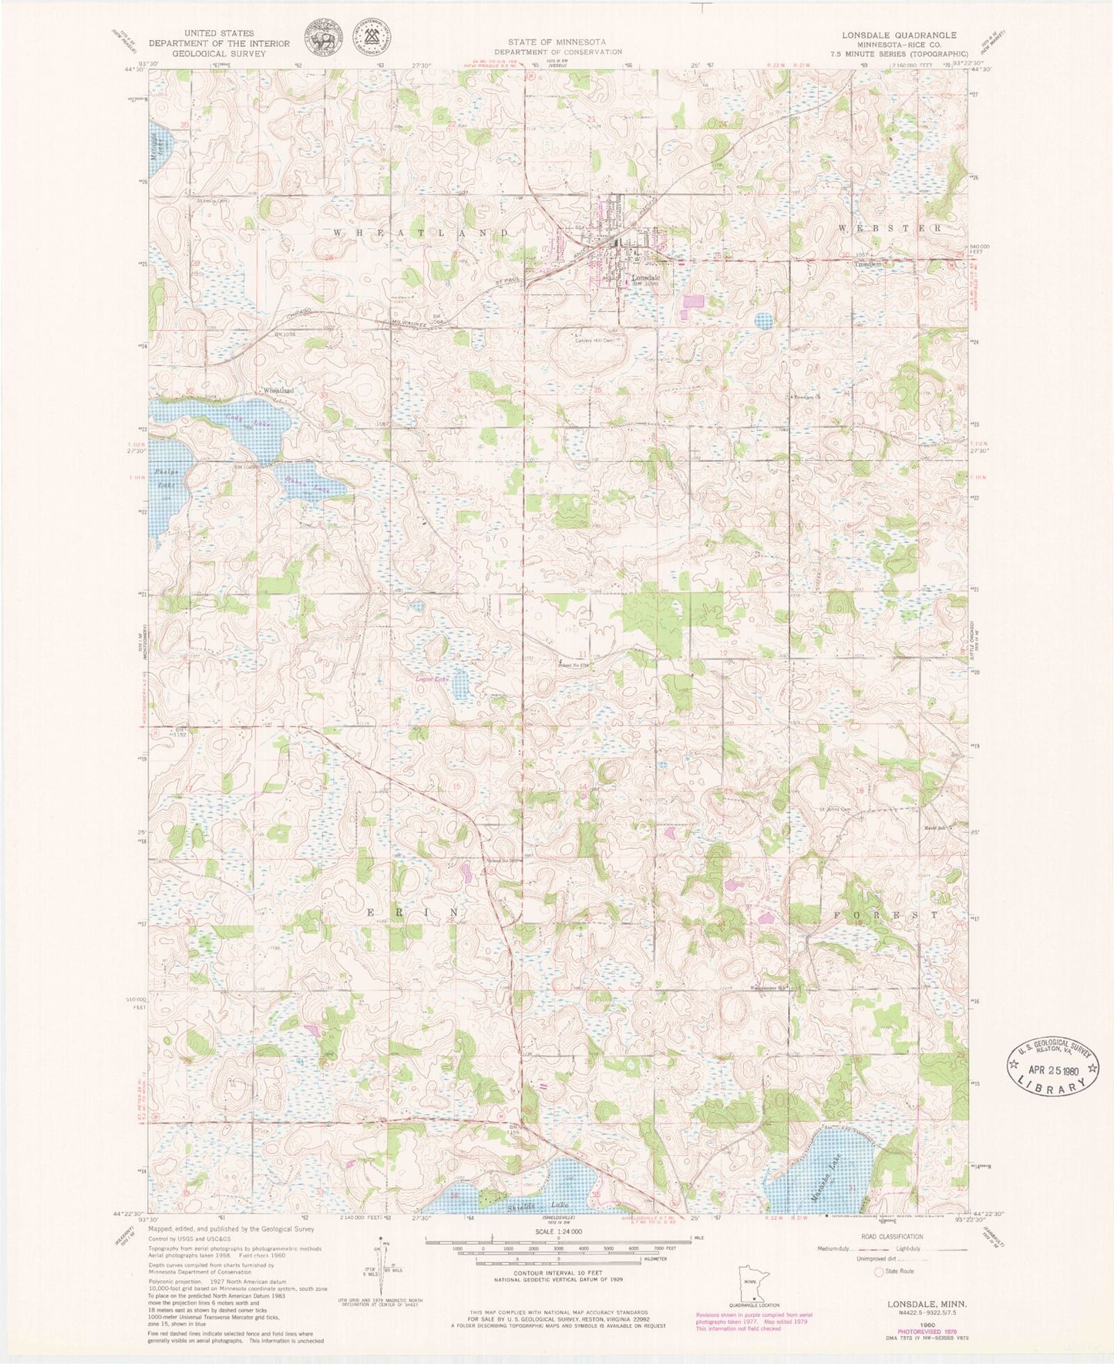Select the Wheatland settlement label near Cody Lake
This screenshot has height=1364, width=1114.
click(279, 391)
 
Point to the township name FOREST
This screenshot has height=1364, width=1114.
click(886, 914)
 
